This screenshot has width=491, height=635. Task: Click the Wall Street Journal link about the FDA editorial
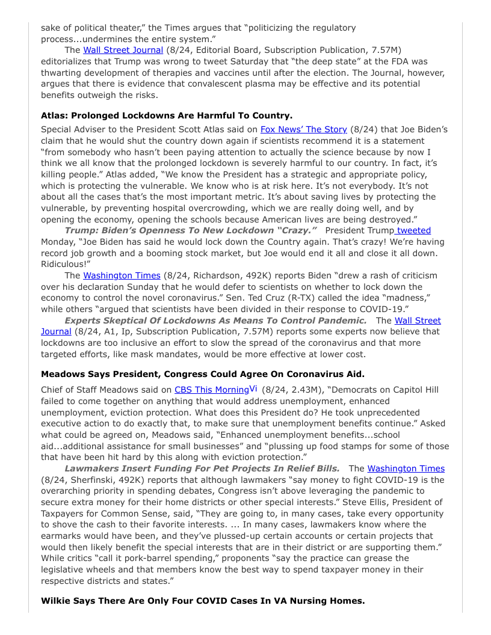point(123,50)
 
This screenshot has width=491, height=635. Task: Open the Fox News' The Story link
point(303,129)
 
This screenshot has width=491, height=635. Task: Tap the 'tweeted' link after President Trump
point(414,230)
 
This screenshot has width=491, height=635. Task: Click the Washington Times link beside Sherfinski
point(406,468)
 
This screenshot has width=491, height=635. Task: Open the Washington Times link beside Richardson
point(122,275)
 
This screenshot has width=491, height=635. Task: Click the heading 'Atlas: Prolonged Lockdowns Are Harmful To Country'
point(167,115)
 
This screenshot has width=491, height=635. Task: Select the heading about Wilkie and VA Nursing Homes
point(202,601)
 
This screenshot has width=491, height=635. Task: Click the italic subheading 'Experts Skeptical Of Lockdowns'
point(215,321)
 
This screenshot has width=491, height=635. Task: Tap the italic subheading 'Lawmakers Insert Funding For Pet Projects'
point(202,468)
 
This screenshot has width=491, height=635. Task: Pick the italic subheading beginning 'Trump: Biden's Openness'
point(191,230)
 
